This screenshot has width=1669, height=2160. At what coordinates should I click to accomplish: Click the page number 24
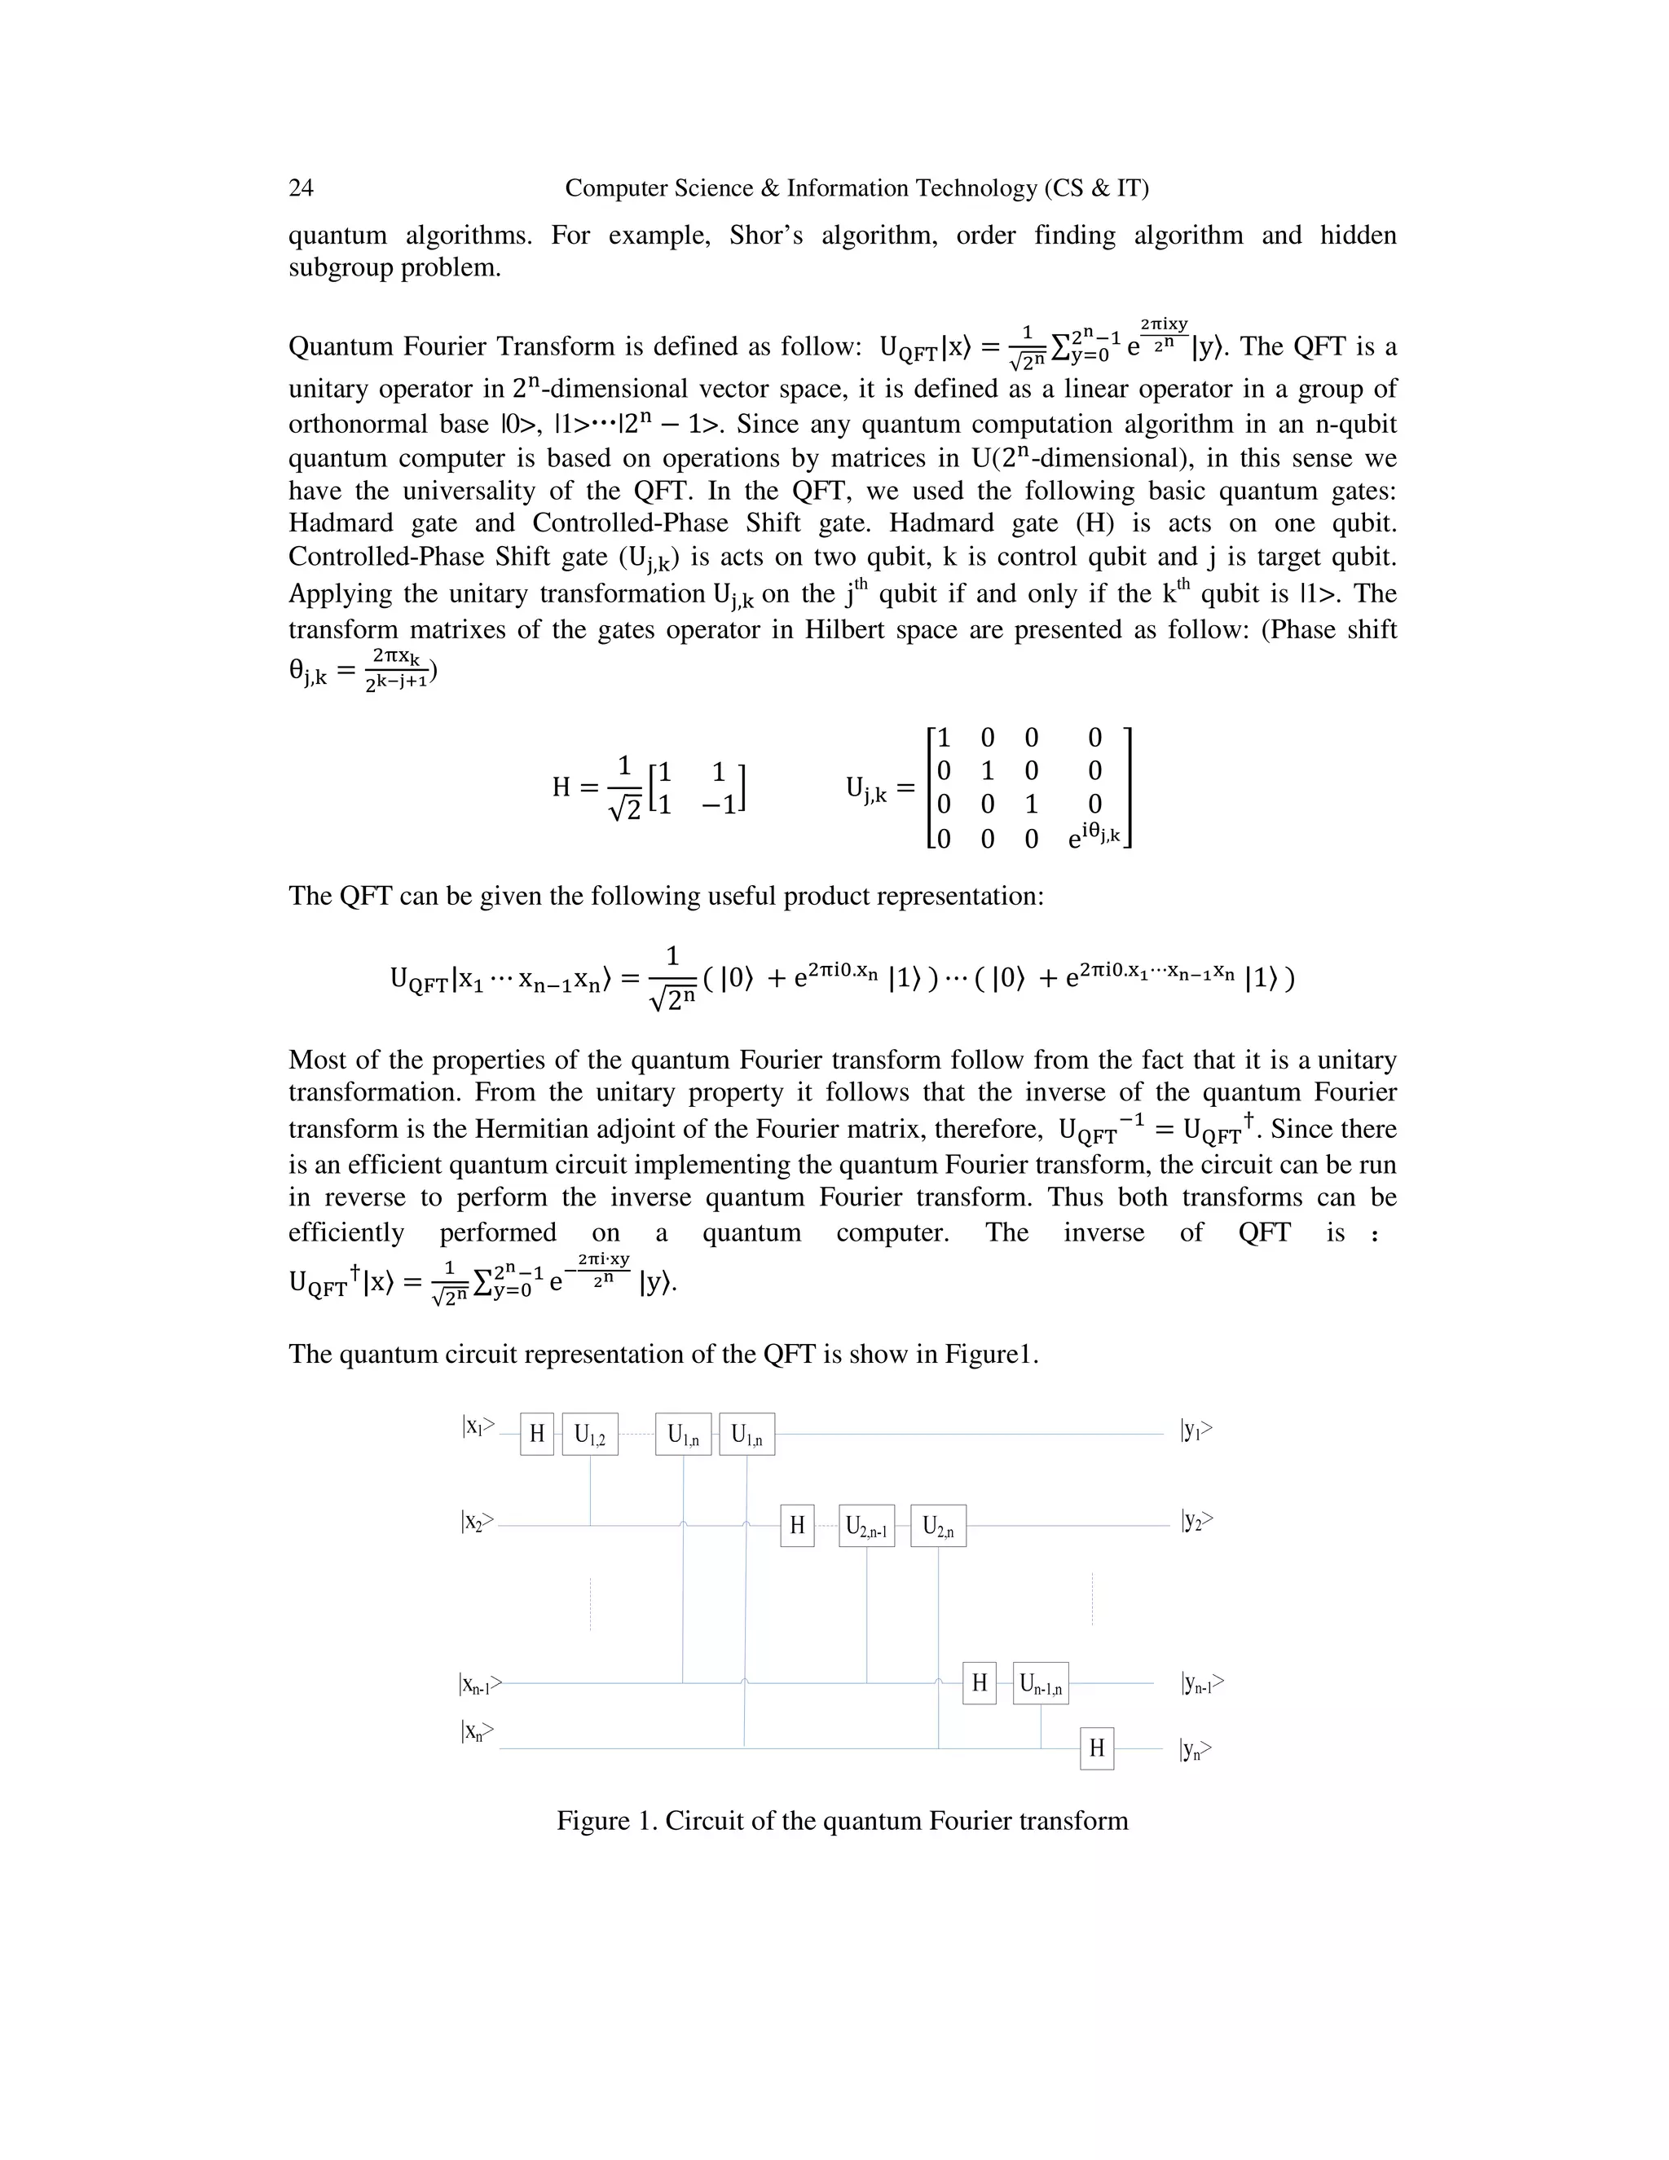[301, 188]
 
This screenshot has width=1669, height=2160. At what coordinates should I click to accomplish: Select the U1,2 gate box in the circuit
[590, 1434]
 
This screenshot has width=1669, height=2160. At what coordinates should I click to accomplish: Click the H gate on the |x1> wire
[537, 1434]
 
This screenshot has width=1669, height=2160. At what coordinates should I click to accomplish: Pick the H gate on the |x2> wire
[797, 1526]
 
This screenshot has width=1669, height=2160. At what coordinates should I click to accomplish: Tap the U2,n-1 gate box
[866, 1526]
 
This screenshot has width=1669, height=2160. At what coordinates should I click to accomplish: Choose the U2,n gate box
[937, 1526]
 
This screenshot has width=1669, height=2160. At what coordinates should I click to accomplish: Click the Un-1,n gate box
[1040, 1683]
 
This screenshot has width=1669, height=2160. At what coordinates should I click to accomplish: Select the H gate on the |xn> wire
[1097, 1748]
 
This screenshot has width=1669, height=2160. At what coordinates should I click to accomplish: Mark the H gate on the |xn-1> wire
[979, 1683]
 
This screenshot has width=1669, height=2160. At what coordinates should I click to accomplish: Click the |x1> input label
[478, 1427]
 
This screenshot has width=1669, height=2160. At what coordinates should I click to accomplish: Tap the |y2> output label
[1196, 1520]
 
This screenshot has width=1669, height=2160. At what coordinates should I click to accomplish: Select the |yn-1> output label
[1201, 1682]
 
